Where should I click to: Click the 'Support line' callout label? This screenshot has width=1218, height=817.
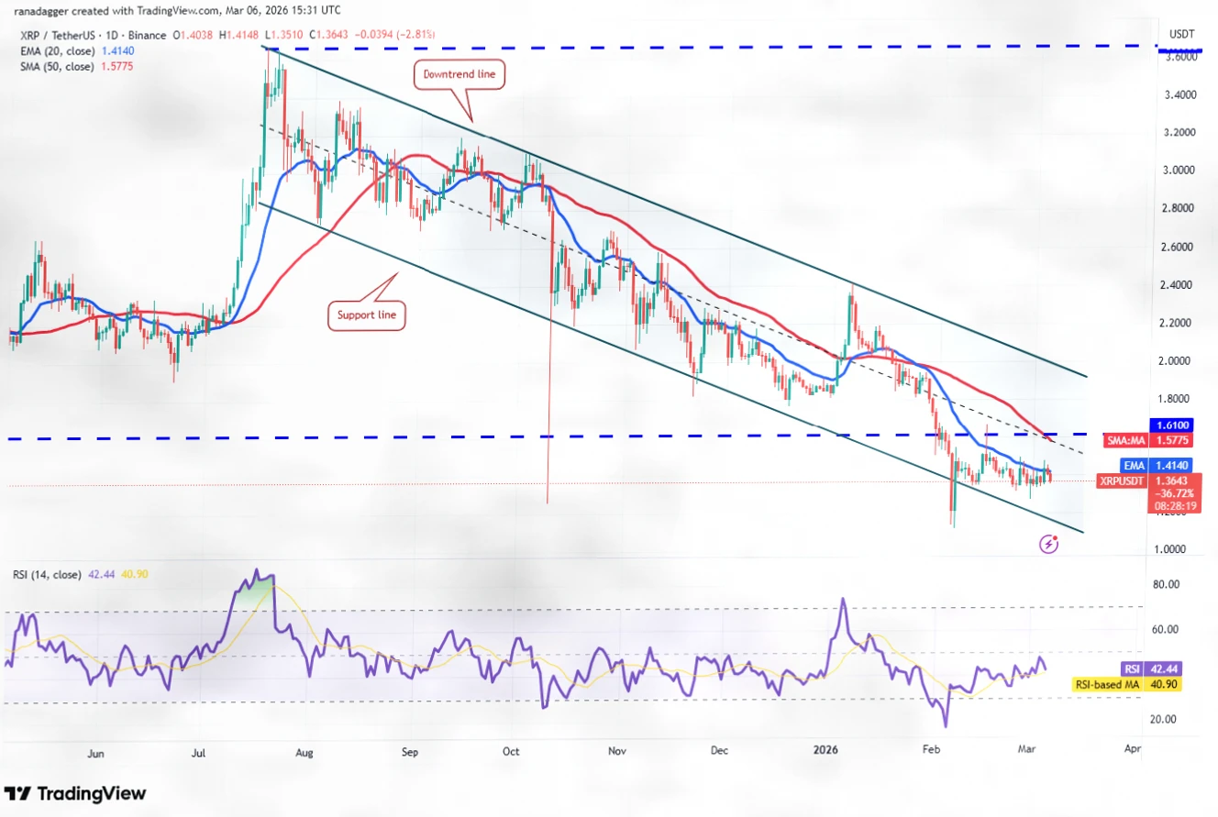(x=366, y=316)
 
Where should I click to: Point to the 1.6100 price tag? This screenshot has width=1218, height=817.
(x=1173, y=425)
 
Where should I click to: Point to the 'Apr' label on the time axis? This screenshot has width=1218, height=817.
(x=1132, y=750)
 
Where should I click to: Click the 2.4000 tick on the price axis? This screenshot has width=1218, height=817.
(x=1175, y=284)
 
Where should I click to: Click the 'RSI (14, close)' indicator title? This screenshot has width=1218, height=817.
(x=49, y=574)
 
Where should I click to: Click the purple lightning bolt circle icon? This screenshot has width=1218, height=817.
(x=1049, y=544)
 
